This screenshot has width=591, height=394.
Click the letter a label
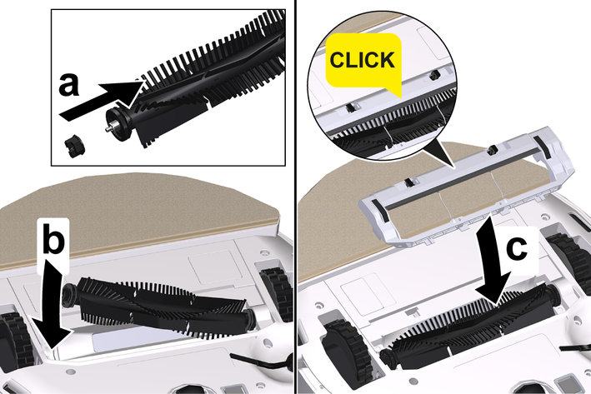[69, 85]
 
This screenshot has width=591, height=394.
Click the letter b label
[53, 239]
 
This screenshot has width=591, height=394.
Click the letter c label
[517, 248]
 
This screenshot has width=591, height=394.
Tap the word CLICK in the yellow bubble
[363, 60]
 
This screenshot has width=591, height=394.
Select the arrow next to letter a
[102, 98]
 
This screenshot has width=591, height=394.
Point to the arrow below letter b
[52, 302]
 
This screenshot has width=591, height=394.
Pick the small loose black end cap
[74, 146]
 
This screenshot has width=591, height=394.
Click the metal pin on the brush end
[109, 128]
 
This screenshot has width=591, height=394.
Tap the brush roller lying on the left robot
[158, 305]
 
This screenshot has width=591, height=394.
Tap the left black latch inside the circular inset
[351, 108]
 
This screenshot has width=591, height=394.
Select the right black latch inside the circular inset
[433, 74]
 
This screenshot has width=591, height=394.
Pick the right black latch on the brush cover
[491, 150]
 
